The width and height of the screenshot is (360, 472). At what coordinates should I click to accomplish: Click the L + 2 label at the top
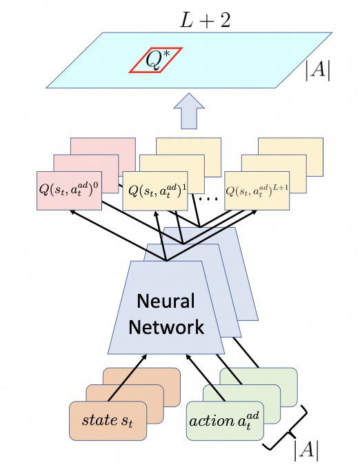pos(205,21)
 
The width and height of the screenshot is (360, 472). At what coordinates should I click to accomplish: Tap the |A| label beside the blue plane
pos(318,71)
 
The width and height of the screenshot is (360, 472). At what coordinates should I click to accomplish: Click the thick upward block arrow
pos(189,111)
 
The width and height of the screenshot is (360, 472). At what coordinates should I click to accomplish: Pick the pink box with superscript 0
pos(69,190)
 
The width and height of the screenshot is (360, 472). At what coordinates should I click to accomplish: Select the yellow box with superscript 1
pos(155,190)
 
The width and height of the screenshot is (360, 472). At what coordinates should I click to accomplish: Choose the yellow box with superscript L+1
pos(257,190)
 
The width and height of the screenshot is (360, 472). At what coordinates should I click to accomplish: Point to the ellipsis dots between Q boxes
pos(208,199)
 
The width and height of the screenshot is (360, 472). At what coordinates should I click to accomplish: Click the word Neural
pos(166,301)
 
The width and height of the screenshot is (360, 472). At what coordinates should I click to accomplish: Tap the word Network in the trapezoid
pos(166,327)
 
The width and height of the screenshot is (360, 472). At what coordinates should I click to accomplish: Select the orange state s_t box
pos(108,421)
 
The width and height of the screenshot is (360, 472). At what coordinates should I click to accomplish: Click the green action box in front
pos(225,421)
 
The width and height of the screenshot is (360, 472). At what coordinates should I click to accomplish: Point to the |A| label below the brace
pos(306,451)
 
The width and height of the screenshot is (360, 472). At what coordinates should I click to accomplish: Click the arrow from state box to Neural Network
pos(127,377)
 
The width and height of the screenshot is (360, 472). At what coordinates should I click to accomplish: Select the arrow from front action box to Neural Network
pos(206,377)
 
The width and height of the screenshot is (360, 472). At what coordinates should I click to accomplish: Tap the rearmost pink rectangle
pos(103,146)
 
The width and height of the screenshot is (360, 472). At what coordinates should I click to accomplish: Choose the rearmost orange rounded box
pos(141,376)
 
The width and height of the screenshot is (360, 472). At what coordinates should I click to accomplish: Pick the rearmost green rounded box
pos(259,376)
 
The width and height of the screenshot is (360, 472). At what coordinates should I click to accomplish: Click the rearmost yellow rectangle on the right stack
pos(291,146)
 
